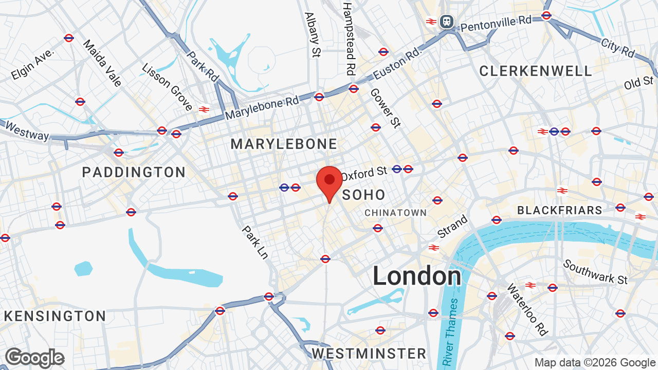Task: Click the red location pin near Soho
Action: point(330,181)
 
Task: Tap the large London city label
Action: point(417,276)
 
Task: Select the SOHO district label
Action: point(364,195)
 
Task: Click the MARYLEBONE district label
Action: point(284,144)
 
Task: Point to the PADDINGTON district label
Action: point(134,172)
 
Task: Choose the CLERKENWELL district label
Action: point(536,71)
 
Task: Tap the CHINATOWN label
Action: point(396,213)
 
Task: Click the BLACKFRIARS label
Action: point(559,210)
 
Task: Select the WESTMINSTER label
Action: point(369,354)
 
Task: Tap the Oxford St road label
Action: point(363,173)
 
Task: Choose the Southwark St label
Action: point(596,272)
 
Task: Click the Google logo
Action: point(34,358)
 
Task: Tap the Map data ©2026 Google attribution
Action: point(595,363)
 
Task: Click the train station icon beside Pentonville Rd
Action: point(447,22)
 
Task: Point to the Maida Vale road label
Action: point(102,63)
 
